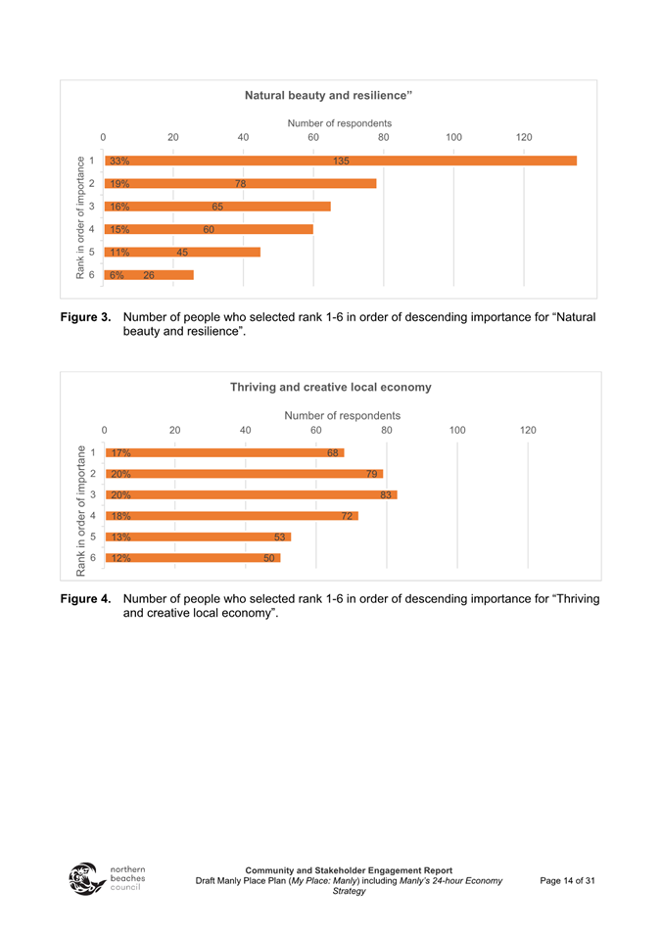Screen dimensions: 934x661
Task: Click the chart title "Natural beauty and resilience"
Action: tap(328, 95)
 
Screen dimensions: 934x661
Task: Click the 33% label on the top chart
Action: tap(119, 161)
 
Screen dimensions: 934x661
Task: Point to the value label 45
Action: tap(182, 253)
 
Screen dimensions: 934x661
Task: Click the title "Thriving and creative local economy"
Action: tap(330, 388)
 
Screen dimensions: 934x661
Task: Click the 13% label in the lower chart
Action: tap(120, 537)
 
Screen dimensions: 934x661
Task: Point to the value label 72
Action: tap(346, 516)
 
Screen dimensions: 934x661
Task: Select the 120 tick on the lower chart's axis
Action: tap(528, 430)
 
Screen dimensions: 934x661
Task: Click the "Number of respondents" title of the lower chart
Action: tap(342, 415)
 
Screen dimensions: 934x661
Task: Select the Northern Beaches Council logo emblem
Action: tap(85, 879)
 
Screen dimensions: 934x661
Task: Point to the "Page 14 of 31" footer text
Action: tap(567, 881)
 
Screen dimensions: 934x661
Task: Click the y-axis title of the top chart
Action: tap(81, 217)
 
